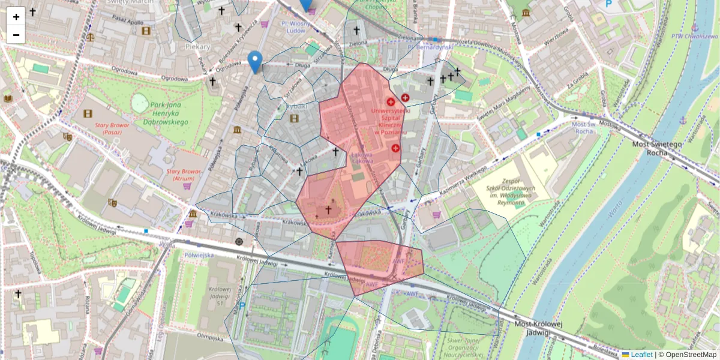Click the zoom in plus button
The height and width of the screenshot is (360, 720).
pyautogui.click(x=16, y=16)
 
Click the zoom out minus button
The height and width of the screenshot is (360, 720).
pyautogui.click(x=16, y=35)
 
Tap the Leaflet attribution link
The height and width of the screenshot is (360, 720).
pyautogui.click(x=641, y=355)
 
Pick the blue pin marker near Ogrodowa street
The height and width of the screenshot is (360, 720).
pyautogui.click(x=255, y=62)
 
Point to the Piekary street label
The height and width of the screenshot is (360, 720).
pyautogui.click(x=198, y=46)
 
